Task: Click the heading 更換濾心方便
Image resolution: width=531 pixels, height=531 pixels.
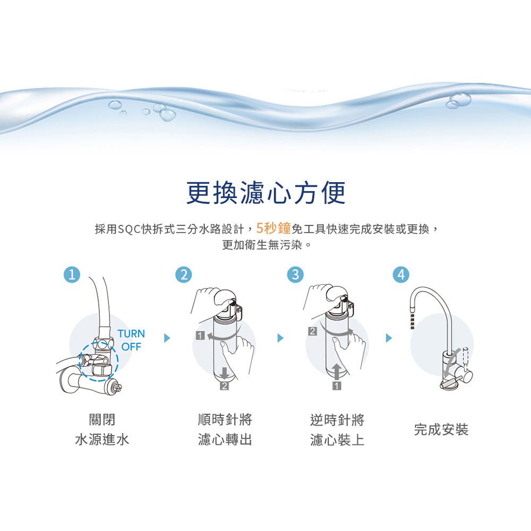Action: pos(266,192)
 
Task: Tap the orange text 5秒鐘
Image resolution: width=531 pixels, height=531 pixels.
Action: pos(273,228)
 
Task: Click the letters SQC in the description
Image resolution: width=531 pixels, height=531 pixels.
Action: pos(129,229)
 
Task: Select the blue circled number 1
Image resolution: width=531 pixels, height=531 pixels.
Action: pos(72,275)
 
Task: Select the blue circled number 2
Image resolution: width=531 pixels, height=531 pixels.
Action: pos(184,275)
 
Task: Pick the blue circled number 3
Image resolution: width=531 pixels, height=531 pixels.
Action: pos(295,275)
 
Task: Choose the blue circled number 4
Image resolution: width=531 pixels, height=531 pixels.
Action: pos(401,275)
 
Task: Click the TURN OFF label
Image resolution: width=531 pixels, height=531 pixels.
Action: pos(131,340)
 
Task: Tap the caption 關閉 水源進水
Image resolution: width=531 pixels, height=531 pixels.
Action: pos(102,430)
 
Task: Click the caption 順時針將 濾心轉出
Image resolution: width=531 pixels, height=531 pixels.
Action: pos(225,430)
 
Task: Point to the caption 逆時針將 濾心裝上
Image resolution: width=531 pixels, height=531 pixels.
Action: pos(337,430)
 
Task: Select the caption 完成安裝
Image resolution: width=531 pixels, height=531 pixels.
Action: pos(441,430)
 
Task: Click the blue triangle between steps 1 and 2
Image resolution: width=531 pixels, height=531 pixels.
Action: pos(167,338)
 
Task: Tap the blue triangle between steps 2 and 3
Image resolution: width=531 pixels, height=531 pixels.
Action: pos(280,338)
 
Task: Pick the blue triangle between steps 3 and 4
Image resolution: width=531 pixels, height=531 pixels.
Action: pos(389,338)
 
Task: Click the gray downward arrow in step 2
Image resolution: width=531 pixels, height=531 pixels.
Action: pos(224,373)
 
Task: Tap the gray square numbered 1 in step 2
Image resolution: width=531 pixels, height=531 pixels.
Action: pos(200,336)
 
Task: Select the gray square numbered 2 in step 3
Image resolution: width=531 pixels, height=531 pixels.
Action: pos(313,331)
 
